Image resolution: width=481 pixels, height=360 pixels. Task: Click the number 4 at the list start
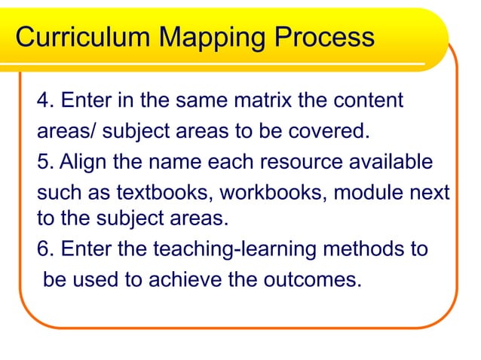click(x=42, y=100)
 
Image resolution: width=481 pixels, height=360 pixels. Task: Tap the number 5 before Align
click(x=42, y=163)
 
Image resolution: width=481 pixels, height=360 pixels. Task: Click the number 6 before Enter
click(x=42, y=249)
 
